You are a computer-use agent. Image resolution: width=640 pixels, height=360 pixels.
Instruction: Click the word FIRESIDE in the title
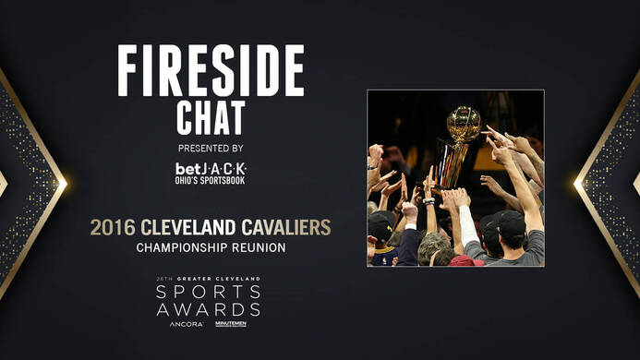coord(211,71)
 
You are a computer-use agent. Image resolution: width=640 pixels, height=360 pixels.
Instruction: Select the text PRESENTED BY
coord(211,148)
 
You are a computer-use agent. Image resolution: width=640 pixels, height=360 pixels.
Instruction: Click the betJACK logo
coord(211,169)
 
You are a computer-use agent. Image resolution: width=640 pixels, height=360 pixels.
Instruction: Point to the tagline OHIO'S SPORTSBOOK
coord(211,181)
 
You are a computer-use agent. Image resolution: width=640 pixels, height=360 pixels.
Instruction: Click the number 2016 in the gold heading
coord(111,227)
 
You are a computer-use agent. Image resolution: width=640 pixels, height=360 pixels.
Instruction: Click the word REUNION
coord(261,247)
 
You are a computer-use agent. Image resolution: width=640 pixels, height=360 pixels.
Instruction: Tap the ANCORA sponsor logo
coord(187,325)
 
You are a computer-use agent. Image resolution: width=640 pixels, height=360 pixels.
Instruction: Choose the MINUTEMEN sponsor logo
coord(230,325)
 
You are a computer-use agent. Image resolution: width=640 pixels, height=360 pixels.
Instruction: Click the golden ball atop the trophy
coord(463,123)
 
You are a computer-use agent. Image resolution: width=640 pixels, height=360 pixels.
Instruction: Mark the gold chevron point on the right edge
coord(579,181)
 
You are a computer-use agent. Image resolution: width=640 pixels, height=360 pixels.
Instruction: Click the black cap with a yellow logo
coord(381,227)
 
